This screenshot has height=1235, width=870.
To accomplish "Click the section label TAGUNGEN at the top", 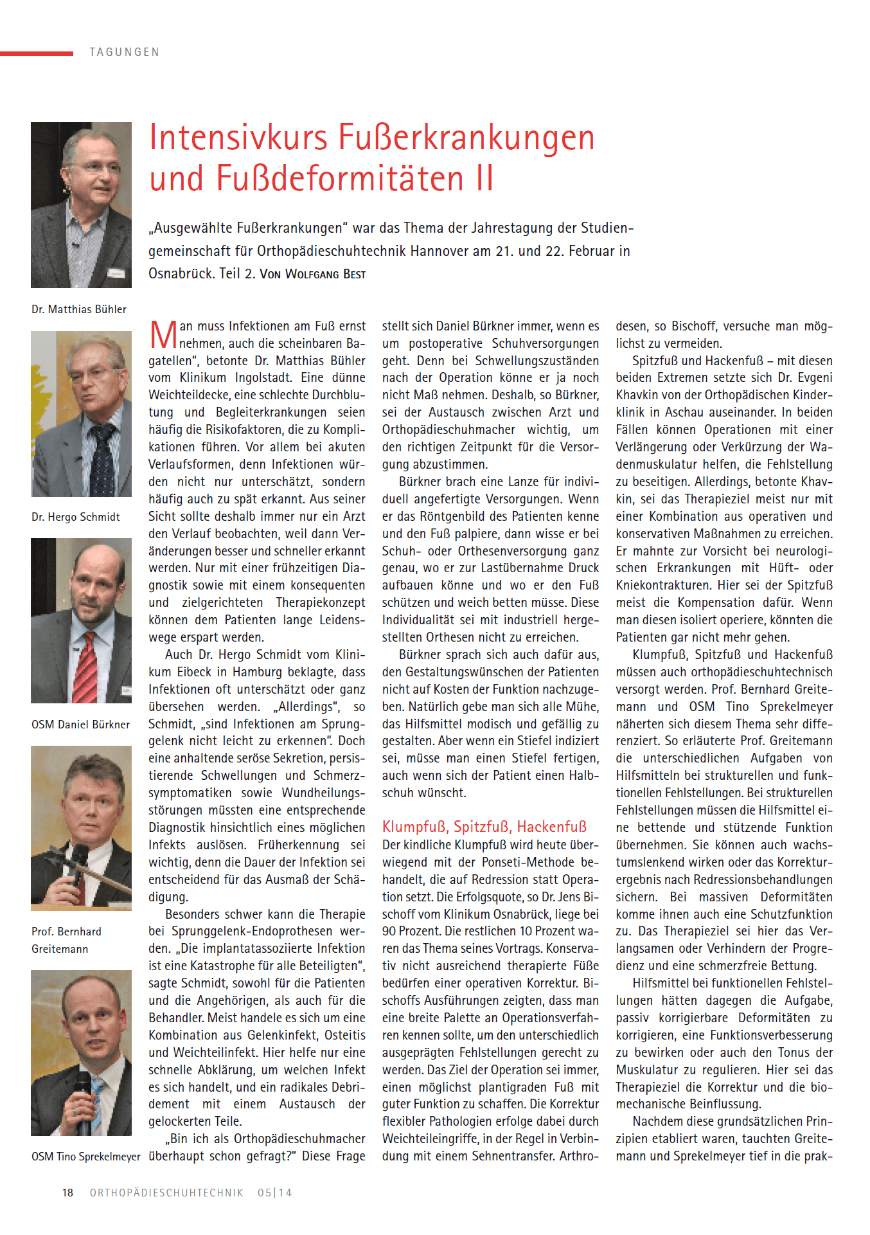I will pos(125,52).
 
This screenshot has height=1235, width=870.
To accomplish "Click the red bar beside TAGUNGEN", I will pos(36,53).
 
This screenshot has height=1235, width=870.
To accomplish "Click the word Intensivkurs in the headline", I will pos(238,138).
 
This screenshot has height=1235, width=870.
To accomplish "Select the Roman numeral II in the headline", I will pos(484,179).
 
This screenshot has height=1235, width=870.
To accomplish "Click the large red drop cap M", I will pos(163,335).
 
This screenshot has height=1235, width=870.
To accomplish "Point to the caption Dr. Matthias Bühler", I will pos(79,309).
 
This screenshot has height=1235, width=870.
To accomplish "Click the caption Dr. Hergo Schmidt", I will pos(76,517).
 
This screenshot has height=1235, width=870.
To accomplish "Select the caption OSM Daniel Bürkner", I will pos(80,725).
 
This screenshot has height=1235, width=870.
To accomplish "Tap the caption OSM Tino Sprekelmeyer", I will pos(85,1157).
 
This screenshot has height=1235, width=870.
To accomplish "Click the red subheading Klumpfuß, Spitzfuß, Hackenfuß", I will pos(484,827).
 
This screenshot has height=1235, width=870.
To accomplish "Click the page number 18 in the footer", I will pos(67,1193).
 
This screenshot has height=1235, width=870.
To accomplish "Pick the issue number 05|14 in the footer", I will pos(274,1193).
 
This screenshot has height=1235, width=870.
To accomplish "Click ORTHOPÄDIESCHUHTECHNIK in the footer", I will pos(166,1193).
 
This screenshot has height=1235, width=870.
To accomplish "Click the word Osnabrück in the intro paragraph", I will pos(181,274).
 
